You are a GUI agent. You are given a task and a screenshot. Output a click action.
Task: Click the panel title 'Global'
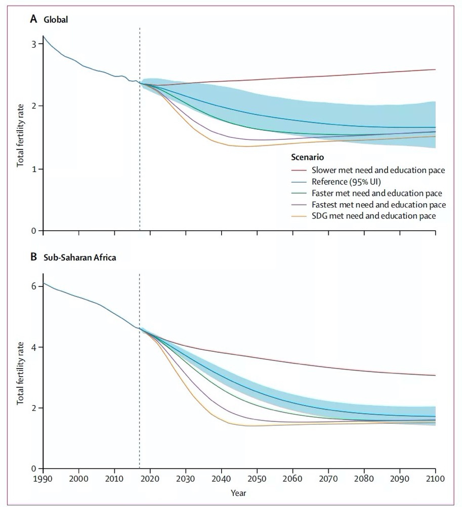coord(56,20)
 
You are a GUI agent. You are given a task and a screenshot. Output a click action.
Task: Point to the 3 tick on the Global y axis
coord(34,44)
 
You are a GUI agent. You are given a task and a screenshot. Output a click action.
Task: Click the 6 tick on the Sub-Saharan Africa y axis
coord(34,286)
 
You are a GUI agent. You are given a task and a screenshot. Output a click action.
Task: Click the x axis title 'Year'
coord(239,492)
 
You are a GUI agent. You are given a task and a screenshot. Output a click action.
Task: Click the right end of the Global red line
coord(435,69)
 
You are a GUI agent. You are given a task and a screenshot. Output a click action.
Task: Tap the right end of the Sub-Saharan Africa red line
coord(435,375)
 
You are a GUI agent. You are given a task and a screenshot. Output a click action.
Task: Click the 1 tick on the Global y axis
coord(34,169)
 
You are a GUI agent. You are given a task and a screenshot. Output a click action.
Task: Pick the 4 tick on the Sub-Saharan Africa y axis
coord(34,347)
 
